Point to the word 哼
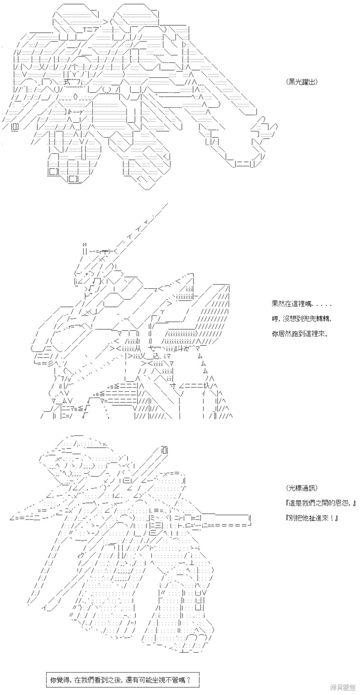pos(274,318)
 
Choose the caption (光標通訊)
pos(302,488)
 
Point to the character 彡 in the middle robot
pos(50,363)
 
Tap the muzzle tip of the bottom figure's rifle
pos(250,517)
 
